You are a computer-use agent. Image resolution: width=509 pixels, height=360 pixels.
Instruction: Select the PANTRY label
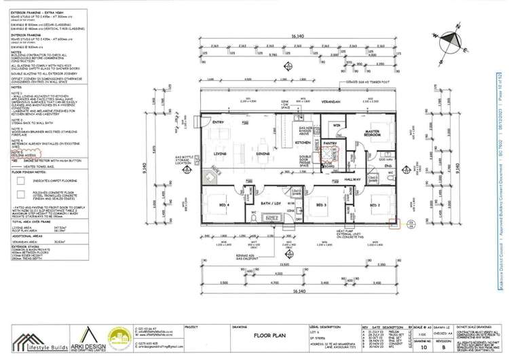tap(331, 144)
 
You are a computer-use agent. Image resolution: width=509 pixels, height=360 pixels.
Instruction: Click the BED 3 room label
tap(321, 204)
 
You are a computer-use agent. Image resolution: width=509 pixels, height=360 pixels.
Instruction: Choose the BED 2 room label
tap(375, 204)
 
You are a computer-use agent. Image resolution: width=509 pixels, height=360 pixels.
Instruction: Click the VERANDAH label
tap(329, 100)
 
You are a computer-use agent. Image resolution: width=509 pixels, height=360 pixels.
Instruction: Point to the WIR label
tap(335, 125)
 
